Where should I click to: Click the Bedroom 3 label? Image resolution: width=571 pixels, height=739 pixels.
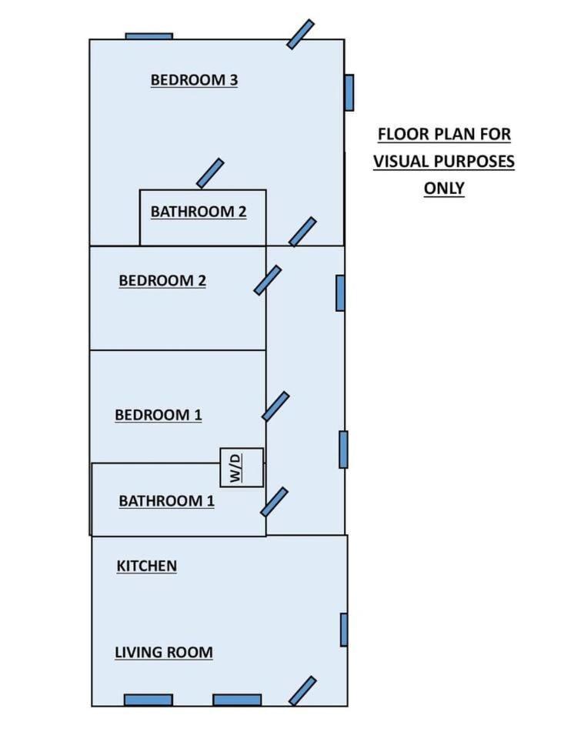point(194,80)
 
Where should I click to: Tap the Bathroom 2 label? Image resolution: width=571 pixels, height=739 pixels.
point(199,212)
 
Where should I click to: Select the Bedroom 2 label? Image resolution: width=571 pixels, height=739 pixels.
point(162,280)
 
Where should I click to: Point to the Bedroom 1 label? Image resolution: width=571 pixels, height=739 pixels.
point(159,415)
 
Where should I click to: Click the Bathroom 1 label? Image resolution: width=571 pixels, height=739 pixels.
point(166,500)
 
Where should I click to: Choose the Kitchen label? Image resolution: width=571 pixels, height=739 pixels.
point(146,566)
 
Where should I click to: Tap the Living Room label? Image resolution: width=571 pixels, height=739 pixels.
point(163,652)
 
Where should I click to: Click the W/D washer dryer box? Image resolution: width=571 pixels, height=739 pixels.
point(242,467)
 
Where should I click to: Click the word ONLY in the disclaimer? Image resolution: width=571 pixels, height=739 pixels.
point(444,188)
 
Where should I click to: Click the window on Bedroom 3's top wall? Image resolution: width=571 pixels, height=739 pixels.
point(149,36)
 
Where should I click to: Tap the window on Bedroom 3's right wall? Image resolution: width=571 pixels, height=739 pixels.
point(349,93)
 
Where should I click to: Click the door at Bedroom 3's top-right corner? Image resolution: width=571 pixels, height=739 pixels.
point(301,34)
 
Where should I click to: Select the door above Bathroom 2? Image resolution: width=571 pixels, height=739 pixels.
point(210,173)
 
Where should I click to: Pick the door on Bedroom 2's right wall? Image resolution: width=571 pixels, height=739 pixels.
point(268,280)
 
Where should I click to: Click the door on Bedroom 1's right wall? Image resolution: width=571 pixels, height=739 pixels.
point(275,406)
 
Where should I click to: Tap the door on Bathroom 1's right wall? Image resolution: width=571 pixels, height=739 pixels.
point(274,502)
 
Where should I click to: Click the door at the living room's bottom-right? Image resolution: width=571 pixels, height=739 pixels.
point(302,691)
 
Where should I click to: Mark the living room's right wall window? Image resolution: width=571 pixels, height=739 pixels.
point(345,630)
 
